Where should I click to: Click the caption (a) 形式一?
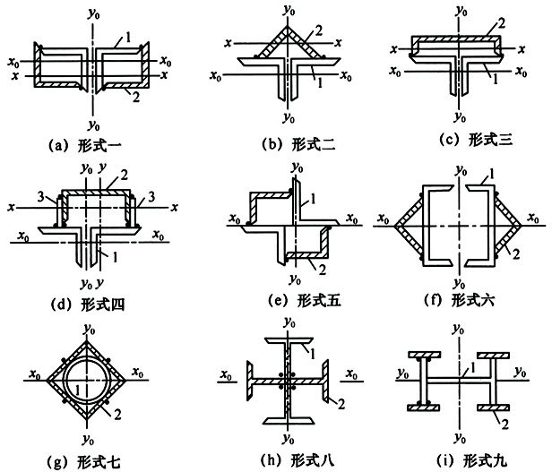click(x=91, y=142)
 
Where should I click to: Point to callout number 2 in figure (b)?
click(x=317, y=31)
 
